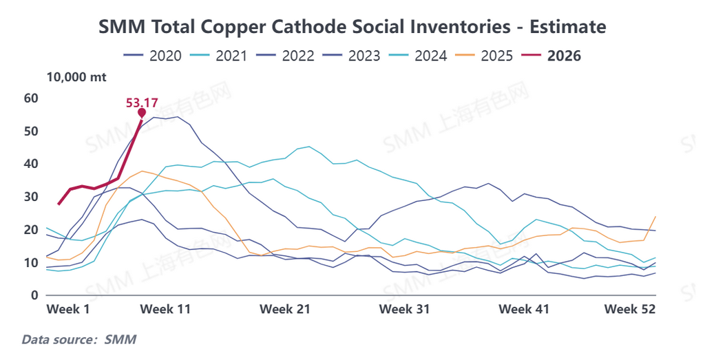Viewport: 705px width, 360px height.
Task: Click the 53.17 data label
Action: point(142,103)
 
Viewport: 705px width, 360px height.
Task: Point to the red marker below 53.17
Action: point(142,113)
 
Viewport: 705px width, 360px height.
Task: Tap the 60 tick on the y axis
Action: point(30,98)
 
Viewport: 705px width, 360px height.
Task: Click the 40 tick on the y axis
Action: point(30,164)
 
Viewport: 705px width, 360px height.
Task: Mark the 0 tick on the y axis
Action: point(33,296)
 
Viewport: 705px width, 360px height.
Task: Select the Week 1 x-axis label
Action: point(68,309)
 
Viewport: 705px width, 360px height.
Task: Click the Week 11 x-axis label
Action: point(165,309)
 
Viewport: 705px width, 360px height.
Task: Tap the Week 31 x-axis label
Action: point(405,309)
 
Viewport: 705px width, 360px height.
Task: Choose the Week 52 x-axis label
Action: point(630,309)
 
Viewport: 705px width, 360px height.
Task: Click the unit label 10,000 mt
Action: point(76,77)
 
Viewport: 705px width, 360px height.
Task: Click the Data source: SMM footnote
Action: point(79,339)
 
